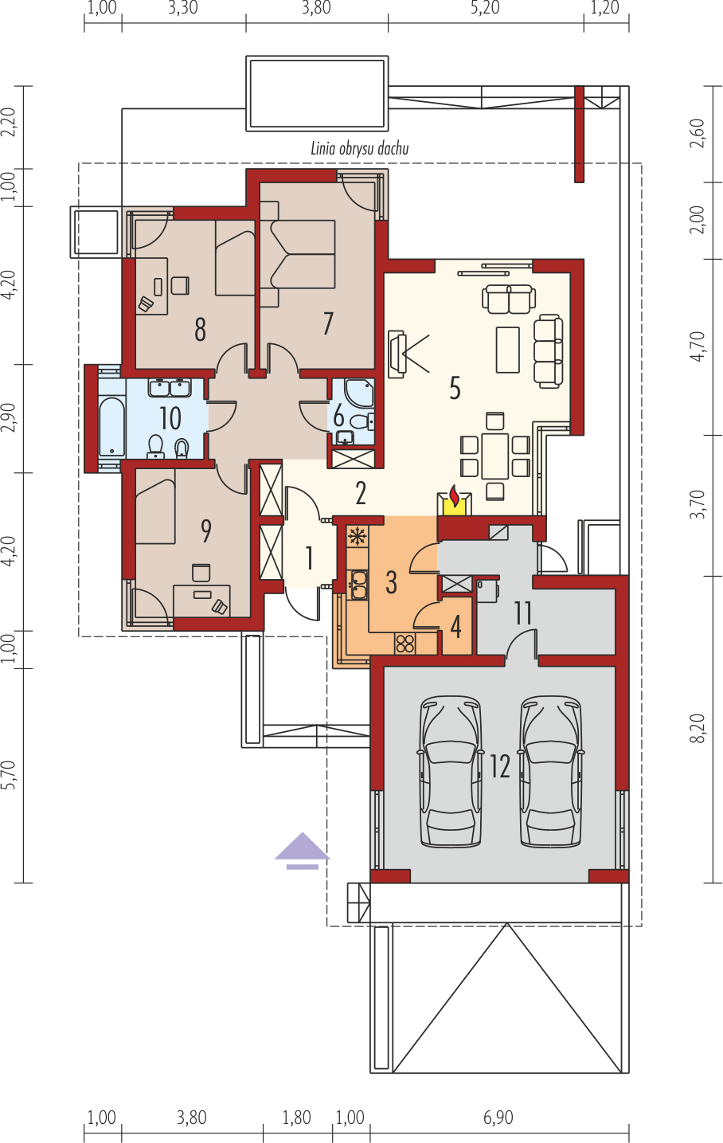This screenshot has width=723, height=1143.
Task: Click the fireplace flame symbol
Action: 454,495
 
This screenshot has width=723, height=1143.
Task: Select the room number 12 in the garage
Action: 500,766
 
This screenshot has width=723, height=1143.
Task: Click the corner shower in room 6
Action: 360,393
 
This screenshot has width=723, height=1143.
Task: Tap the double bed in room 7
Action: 298,254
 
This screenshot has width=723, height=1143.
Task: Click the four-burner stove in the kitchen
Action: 405,644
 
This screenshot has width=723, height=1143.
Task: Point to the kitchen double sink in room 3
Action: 358,585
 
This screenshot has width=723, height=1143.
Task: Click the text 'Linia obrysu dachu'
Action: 360,148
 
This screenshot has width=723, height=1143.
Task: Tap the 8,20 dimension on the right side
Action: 698,728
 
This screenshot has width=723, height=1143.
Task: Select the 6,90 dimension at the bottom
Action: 498,1118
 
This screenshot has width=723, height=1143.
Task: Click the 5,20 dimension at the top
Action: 485,8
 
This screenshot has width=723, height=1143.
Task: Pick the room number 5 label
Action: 455,388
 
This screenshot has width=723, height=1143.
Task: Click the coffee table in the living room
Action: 508,350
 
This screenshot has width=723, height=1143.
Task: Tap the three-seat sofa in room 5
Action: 549,351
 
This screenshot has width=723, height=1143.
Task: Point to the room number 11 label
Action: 523,613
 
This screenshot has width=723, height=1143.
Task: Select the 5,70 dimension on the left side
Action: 10,774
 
